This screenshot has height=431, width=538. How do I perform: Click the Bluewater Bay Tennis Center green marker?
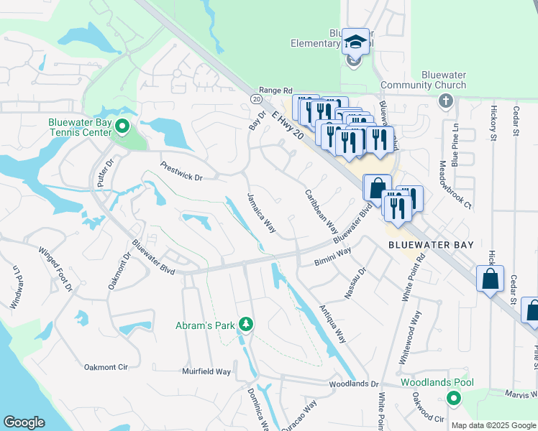122,128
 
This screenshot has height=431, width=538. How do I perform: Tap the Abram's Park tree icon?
246,325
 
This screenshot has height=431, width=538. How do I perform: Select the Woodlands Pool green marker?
453,397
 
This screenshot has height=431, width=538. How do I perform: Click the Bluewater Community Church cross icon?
445,99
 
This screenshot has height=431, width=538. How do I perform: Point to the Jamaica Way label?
262,213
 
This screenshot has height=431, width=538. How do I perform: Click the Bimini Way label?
332,258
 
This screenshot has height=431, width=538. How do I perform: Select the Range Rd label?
276,91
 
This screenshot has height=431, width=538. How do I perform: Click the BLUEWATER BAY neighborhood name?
431,245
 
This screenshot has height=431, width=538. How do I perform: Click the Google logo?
24,422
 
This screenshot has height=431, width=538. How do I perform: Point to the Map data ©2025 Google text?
493,425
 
